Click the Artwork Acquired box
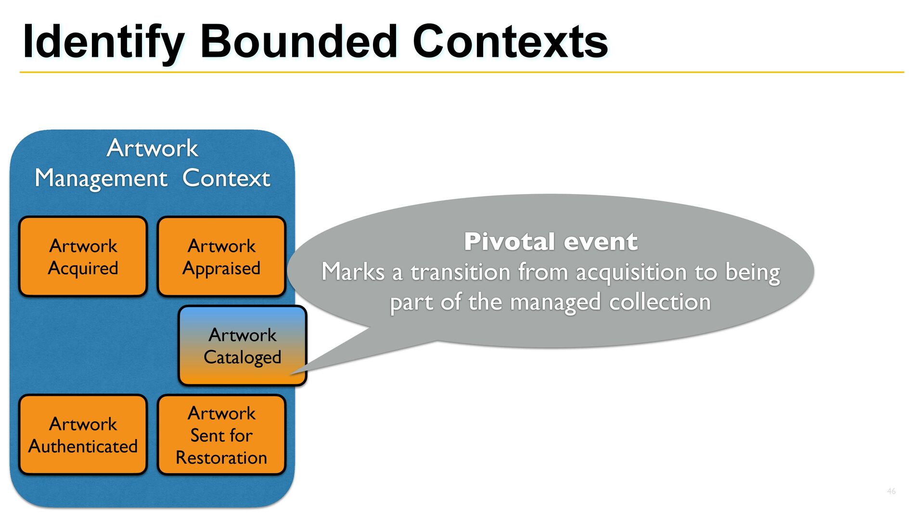83,256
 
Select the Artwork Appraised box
221,256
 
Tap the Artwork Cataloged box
243,346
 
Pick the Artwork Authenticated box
83,435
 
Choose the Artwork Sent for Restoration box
221,435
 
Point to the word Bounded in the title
299,42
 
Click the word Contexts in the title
511,42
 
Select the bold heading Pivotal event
551,241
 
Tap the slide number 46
891,491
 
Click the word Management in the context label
101,179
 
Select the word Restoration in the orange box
221,457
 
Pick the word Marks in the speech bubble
354,272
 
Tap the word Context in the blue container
226,178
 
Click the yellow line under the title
462,72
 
